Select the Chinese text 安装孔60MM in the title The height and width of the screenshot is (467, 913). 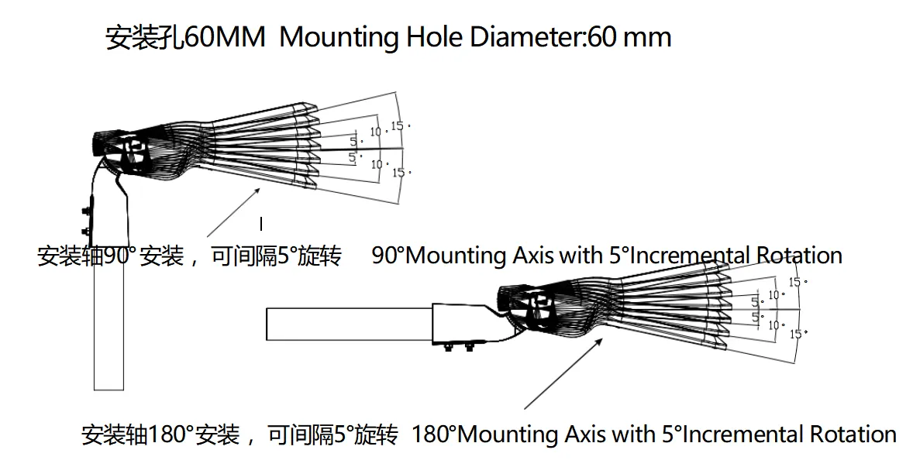coord(185,38)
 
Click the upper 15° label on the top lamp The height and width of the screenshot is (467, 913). coord(399,125)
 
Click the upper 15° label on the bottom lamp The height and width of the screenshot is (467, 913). coord(796,283)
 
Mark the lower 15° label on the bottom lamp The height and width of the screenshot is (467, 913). coord(797,334)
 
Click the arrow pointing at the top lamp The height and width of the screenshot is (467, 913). coord(233,211)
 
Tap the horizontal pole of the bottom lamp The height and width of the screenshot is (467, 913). coord(349,324)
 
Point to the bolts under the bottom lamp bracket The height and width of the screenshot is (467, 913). coord(458,348)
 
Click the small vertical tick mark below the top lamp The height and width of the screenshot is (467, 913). coord(261,224)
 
